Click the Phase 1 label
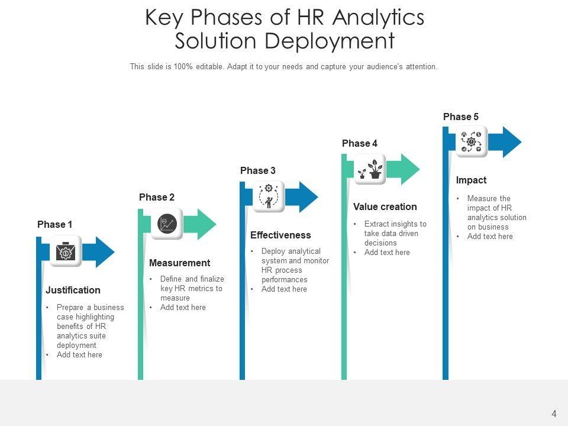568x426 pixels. coord(55,225)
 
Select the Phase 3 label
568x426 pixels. coord(258,171)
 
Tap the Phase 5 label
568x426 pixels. coord(461,117)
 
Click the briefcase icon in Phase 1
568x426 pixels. coord(65,252)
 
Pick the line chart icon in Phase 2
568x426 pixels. coord(167,224)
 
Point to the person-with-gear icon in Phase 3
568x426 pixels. coord(269,196)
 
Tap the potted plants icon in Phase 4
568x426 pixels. coord(370,170)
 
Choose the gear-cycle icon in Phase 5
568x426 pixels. coord(472,142)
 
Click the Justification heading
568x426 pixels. coord(73,291)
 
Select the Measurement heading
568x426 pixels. coord(179,263)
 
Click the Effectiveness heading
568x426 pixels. coord(280,235)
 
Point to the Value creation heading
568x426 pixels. coord(385,207)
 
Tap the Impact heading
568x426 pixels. coord(471,180)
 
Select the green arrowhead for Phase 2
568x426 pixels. coord(206,224)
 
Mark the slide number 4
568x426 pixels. coord(554,414)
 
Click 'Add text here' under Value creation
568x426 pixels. coord(387,253)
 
